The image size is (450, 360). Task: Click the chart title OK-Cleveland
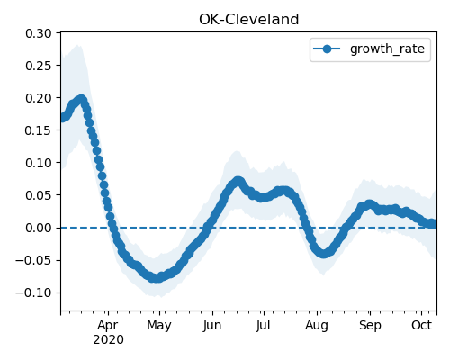(248, 20)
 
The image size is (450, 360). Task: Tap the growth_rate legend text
(387, 49)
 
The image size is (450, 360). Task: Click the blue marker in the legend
(327, 49)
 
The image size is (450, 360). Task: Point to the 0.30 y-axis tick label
(39, 33)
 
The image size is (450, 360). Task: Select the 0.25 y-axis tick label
(39, 66)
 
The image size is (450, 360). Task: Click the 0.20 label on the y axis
(39, 98)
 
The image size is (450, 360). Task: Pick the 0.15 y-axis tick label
(39, 130)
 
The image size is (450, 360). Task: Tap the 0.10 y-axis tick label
(39, 163)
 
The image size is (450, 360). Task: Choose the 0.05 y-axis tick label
(39, 195)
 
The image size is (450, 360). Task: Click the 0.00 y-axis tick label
(39, 228)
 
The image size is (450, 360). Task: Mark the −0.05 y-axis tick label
(33, 260)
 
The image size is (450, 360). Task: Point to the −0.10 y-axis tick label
(33, 292)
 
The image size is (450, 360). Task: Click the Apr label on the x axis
(108, 326)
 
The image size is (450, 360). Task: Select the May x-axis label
(159, 326)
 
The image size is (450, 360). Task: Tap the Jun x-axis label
(212, 326)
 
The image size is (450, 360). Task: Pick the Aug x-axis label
(317, 326)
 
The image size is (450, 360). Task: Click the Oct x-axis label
(422, 325)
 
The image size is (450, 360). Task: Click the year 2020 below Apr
(108, 340)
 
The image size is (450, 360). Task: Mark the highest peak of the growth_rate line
(81, 99)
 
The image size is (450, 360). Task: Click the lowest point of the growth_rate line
(156, 278)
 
